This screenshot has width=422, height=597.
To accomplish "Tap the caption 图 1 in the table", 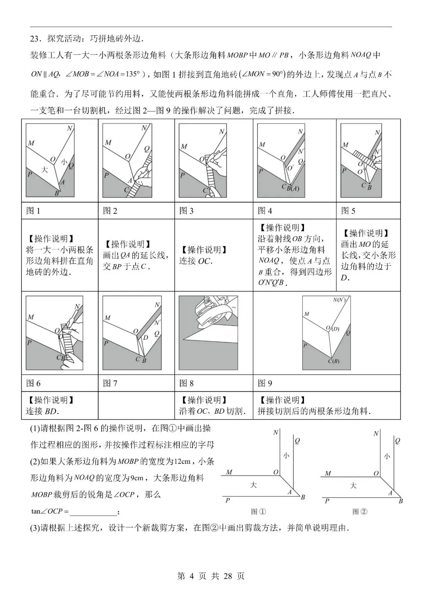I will pos(33,211).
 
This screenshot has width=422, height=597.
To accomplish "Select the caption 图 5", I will pos(348,211).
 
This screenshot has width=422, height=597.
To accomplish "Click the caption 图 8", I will pos(186,384).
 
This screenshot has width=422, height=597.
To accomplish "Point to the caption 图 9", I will pos(265,384).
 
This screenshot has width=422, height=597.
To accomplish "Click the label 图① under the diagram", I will pos(258,511).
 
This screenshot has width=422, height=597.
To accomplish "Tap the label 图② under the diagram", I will pos(359,511).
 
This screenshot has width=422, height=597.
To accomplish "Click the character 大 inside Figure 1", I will pos(45,169).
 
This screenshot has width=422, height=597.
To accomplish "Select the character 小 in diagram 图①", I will pos(286,455).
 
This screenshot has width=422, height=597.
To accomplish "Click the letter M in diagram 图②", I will pos(328,473).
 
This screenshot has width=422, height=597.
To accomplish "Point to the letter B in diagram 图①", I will pos(303,497).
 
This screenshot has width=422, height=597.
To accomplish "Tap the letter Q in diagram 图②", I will pos(397,441).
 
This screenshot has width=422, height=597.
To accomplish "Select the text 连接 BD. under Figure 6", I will pos(43,411).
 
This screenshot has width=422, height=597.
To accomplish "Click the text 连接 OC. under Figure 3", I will pos(196,261).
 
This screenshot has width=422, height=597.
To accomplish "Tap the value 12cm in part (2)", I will pos(182,461).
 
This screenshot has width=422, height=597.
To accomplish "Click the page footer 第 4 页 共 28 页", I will pos(211,576).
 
